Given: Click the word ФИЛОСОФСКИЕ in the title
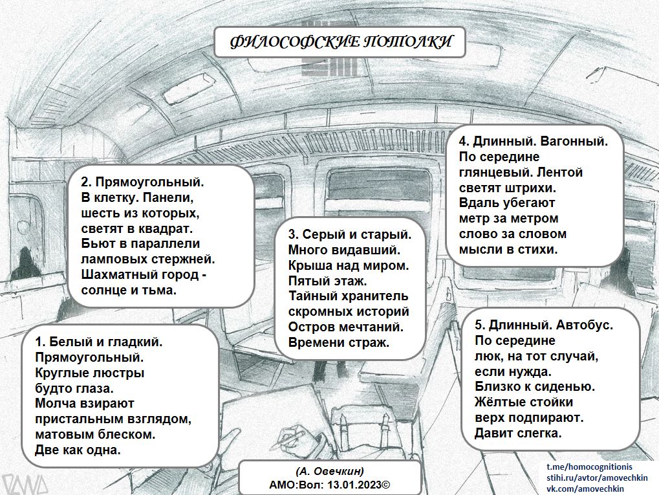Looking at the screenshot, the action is point(295,41).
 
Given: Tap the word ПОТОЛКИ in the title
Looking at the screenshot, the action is point(407,41).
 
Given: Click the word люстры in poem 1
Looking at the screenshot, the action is point(119,373).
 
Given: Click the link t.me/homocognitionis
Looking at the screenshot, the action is point(589,467).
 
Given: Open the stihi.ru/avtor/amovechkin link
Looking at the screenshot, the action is point(597,478).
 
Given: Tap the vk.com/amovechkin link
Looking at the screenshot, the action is point(585,489).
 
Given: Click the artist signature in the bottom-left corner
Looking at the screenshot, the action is point(25,484).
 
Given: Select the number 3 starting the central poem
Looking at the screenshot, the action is point(292,235).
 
